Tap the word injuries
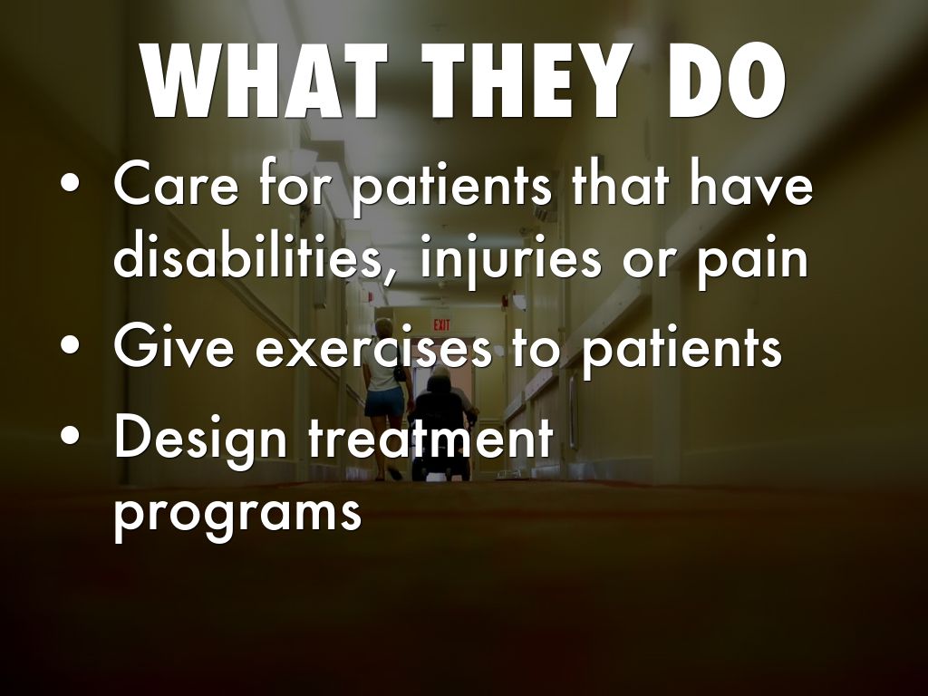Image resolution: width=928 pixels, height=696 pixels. tap(511, 260)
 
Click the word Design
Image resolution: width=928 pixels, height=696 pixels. tap(199, 440)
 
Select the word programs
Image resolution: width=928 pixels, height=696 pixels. tap(237, 514)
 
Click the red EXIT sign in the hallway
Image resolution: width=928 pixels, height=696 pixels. tap(441, 325)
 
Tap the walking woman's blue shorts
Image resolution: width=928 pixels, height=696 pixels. tap(383, 401)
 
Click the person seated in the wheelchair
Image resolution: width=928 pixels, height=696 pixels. tap(441, 409)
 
